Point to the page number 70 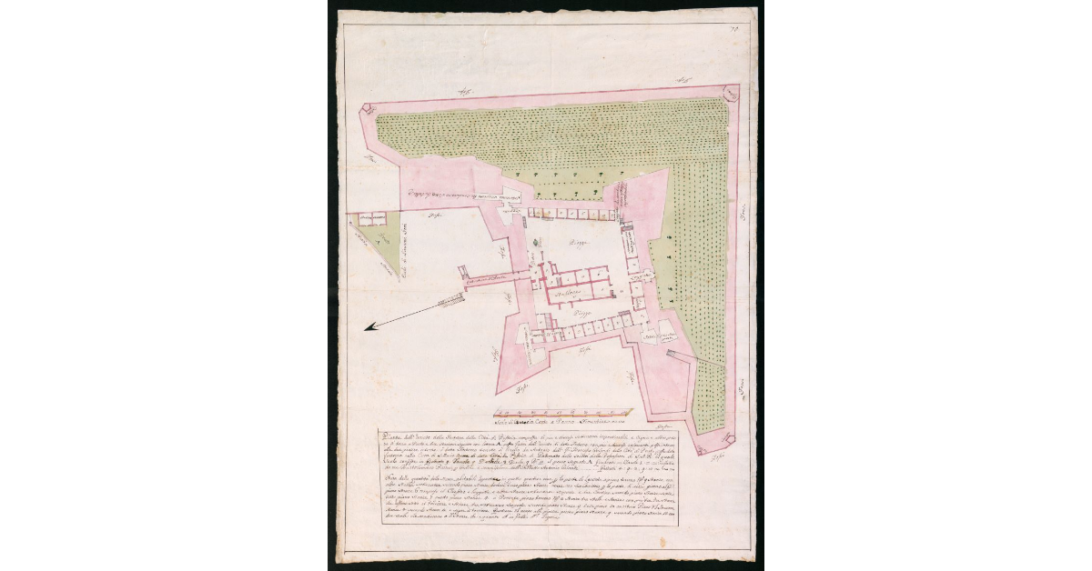(735, 31)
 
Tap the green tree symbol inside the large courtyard (538, 240)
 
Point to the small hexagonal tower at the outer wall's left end (367, 107)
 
